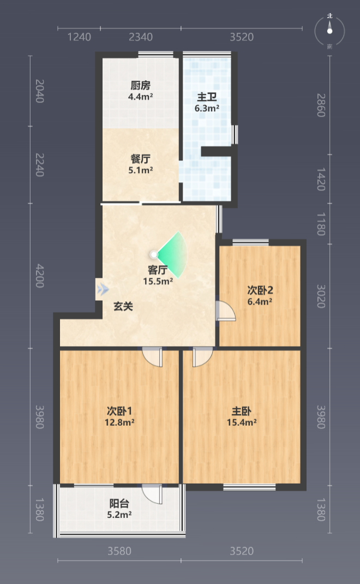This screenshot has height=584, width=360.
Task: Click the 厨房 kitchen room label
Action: pyautogui.click(x=140, y=85)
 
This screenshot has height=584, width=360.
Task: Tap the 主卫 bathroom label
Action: pyautogui.click(x=207, y=97)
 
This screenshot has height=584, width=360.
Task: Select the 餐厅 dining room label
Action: pyautogui.click(x=140, y=159)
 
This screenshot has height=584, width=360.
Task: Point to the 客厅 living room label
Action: pyautogui.click(x=158, y=270)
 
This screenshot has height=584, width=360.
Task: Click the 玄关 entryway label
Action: pyautogui.click(x=123, y=307)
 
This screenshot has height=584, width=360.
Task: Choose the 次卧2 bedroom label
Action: pyautogui.click(x=260, y=290)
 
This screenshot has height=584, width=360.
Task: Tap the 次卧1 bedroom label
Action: pyautogui.click(x=119, y=411)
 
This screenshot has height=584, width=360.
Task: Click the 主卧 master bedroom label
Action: pyautogui.click(x=241, y=411)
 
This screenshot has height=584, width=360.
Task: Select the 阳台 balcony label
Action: pyautogui.click(x=119, y=504)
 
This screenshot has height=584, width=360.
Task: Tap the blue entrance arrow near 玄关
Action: pyautogui.click(x=103, y=289)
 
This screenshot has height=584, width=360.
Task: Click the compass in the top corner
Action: pyautogui.click(x=329, y=31)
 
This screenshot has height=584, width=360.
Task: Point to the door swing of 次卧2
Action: pyautogui.click(x=226, y=311)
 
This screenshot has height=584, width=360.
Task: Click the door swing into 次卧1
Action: pyautogui.click(x=152, y=357)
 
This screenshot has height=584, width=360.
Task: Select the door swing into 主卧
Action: pyautogui.click(x=203, y=357)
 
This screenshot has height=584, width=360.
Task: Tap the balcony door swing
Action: pyautogui.click(x=152, y=494)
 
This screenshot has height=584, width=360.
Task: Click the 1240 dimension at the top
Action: pyautogui.click(x=79, y=37)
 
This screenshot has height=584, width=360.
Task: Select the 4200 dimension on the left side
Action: pyautogui.click(x=40, y=276)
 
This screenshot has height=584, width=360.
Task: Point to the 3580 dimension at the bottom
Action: pyautogui.click(x=119, y=551)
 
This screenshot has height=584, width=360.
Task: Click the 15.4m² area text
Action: pyautogui.click(x=242, y=422)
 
